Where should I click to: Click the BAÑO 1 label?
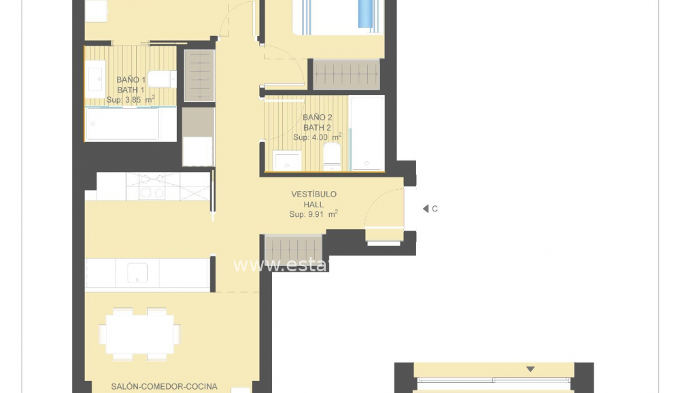131,80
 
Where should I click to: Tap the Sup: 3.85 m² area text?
131,99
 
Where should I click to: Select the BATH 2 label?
317,127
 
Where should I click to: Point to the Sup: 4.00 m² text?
317,137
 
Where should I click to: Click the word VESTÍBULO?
313,194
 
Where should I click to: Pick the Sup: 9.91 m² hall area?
313,214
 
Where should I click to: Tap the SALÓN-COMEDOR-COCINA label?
164,386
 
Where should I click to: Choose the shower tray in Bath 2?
367,133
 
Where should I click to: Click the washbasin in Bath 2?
287,161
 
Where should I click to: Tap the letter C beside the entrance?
435,209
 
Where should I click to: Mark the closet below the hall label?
293,248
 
